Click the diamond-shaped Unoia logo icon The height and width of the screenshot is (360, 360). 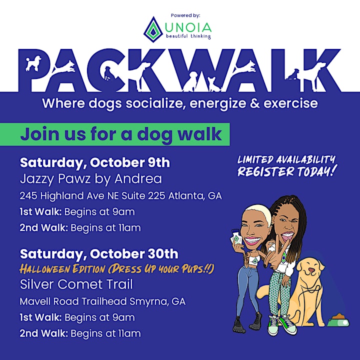click(x=153, y=29)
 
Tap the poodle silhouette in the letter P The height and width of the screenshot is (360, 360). click(x=33, y=63)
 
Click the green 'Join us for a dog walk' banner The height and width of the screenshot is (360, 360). click(x=115, y=134)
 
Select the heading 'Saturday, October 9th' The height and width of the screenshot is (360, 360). click(x=95, y=162)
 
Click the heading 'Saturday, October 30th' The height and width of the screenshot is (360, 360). click(x=99, y=254)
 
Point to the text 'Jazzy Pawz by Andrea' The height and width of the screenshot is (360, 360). click(x=91, y=179)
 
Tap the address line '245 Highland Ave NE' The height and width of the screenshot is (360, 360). click(x=69, y=196)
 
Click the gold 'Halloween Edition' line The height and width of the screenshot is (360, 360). click(x=117, y=268)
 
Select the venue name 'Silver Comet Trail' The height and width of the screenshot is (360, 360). click(x=76, y=284)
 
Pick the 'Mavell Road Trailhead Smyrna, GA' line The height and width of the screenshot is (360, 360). click(x=102, y=301)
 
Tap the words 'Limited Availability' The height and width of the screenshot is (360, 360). click(x=286, y=159)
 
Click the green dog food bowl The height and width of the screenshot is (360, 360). click(x=338, y=320)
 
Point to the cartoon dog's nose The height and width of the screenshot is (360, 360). click(x=311, y=270)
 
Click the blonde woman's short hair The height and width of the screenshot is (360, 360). click(x=258, y=212)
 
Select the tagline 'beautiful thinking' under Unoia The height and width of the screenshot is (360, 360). click(x=188, y=36)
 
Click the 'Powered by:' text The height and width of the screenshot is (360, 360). click(x=185, y=15)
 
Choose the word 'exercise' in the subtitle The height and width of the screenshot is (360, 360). click(x=290, y=103)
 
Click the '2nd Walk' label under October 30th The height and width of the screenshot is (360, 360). click(x=44, y=333)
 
